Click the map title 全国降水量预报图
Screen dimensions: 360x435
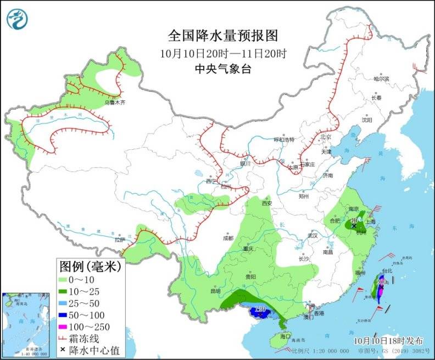pos(223,36)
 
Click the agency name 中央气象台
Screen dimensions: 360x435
pos(223,69)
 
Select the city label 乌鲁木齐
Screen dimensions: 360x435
pos(115,103)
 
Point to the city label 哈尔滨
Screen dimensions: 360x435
pos(381,79)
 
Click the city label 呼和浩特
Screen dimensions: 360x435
pos(285,139)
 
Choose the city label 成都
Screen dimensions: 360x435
pos(228,238)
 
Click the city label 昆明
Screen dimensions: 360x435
pos(214,291)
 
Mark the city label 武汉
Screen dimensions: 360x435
pos(314,235)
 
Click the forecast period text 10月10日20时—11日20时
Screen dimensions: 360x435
pos(223,54)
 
